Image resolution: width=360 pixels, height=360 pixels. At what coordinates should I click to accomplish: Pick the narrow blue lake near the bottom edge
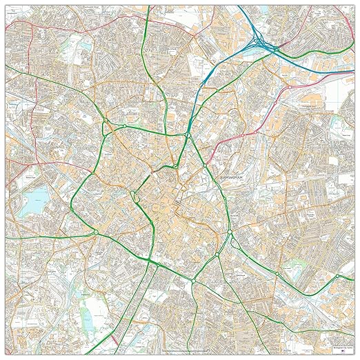coord(88,317)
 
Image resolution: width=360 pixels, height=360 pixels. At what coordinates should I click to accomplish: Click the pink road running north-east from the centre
coord(290,103)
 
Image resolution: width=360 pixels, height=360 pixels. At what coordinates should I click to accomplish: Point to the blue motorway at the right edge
coord(348,57)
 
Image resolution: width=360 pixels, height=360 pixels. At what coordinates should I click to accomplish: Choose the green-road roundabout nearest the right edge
coord(276,277)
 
